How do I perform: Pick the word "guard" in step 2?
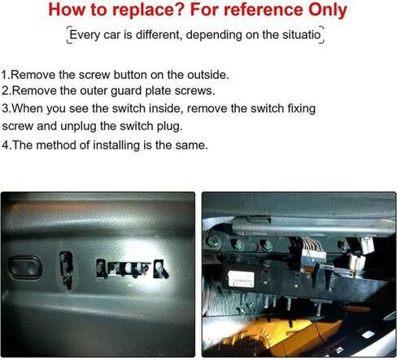tap(126, 91)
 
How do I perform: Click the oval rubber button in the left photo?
tap(25, 267)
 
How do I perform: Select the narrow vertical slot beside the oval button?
tap(67, 270)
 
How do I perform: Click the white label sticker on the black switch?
tap(242, 279)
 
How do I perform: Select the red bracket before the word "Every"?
tap(69, 35)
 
